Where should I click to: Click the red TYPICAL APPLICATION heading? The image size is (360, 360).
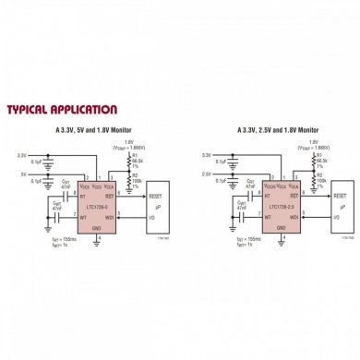tap(62, 110)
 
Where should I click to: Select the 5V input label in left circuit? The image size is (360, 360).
tap(24, 172)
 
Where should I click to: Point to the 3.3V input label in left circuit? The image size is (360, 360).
tap(24, 154)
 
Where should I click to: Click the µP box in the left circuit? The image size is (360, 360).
tap(158, 207)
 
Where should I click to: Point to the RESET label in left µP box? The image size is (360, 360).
tap(155, 196)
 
